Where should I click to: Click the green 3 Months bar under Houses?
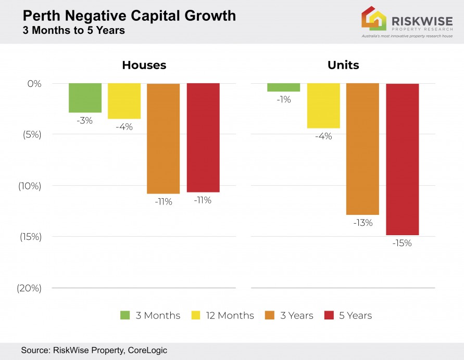click(85, 98)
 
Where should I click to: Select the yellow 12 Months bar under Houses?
click(124, 101)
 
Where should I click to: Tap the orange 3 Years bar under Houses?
click(163, 138)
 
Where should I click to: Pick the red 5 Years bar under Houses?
click(203, 138)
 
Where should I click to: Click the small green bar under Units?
click(284, 87)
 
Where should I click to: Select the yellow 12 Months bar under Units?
click(323, 106)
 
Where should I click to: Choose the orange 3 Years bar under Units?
click(362, 149)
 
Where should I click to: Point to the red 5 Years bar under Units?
click(402, 159)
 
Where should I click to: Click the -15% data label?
click(402, 243)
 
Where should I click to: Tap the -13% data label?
click(363, 223)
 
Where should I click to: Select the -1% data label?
click(284, 99)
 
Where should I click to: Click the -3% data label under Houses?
click(84, 121)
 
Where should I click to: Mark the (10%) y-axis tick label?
click(30, 186)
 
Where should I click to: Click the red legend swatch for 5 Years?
click(329, 315)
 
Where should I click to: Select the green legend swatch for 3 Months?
click(125, 315)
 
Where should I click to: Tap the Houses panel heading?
click(144, 65)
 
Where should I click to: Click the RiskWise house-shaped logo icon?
click(374, 19)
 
